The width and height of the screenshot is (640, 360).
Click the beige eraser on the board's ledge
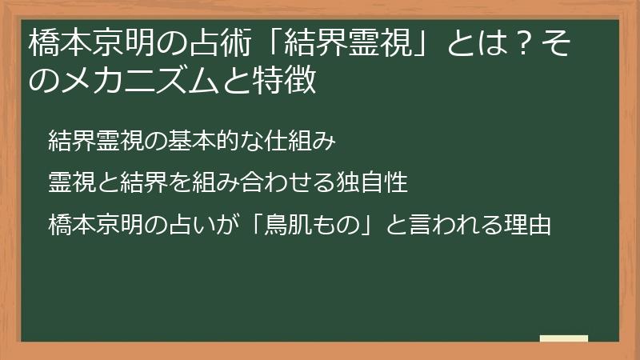pos(563,339)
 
